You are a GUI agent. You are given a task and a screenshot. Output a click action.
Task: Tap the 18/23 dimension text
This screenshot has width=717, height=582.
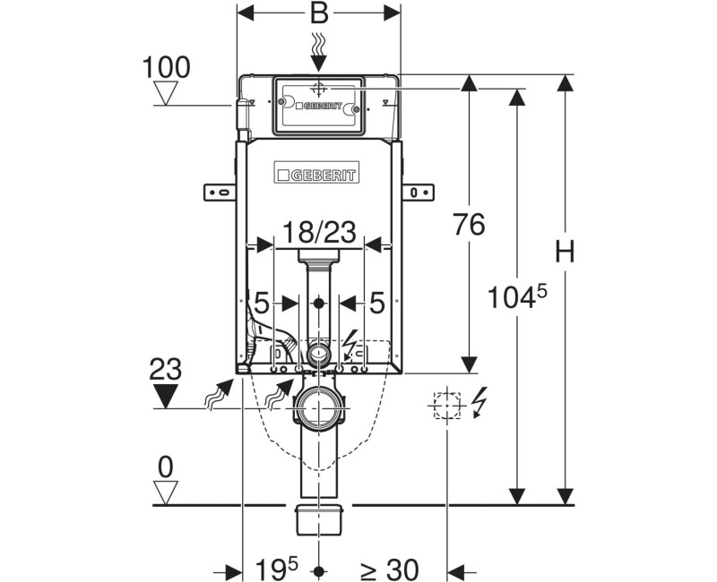click(318, 233)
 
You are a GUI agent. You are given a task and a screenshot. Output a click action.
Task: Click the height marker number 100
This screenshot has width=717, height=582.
click(166, 66)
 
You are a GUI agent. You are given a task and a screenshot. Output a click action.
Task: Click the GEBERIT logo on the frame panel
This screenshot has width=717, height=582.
click(318, 174)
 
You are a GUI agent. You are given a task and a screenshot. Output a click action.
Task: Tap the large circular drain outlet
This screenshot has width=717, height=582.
click(318, 408)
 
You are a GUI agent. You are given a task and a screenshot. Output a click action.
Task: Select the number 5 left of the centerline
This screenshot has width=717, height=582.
click(261, 303)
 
